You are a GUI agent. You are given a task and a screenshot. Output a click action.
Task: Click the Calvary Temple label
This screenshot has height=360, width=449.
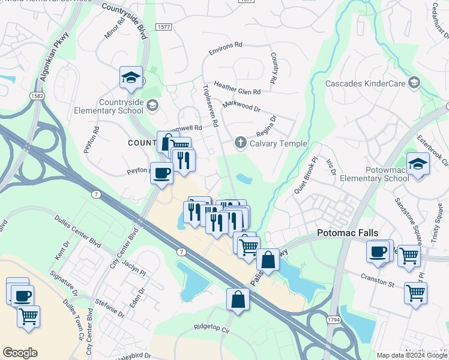278,143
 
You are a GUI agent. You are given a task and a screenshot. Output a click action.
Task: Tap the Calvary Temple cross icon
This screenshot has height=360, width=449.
240,143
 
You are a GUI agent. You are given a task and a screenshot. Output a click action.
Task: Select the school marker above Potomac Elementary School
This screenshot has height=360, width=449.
418,163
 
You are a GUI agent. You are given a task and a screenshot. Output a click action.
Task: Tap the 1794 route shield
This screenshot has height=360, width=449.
333,321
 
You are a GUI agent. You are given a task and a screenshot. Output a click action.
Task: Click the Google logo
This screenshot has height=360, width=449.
20,353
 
